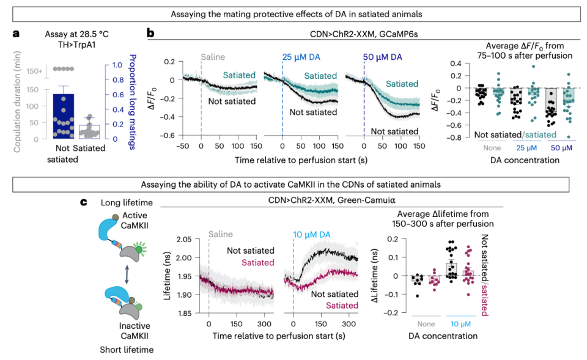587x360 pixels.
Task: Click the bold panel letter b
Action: tap(150, 35)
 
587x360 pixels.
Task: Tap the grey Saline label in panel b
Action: tap(213, 57)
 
